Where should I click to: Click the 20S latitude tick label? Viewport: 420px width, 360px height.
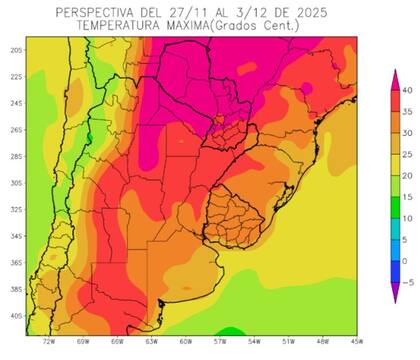point(16,49)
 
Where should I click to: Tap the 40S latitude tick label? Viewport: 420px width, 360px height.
point(16,315)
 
